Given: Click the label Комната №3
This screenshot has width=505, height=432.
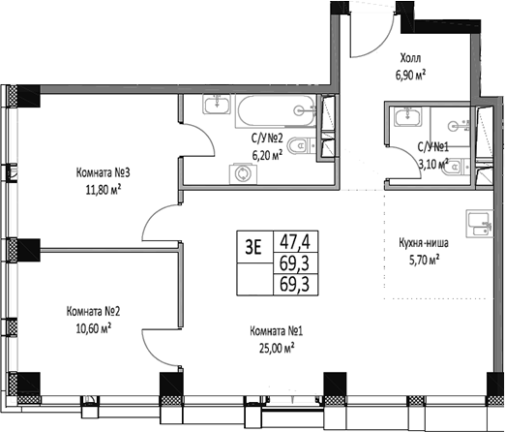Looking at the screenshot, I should tap(103, 173).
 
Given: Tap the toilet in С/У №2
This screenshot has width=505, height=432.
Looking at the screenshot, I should tap(302, 147).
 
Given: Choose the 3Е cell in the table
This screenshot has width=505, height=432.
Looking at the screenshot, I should tap(253, 245).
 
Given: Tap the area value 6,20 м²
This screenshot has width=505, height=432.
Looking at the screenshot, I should tap(266, 153).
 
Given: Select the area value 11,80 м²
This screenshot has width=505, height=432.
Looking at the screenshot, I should tap(103, 190).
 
